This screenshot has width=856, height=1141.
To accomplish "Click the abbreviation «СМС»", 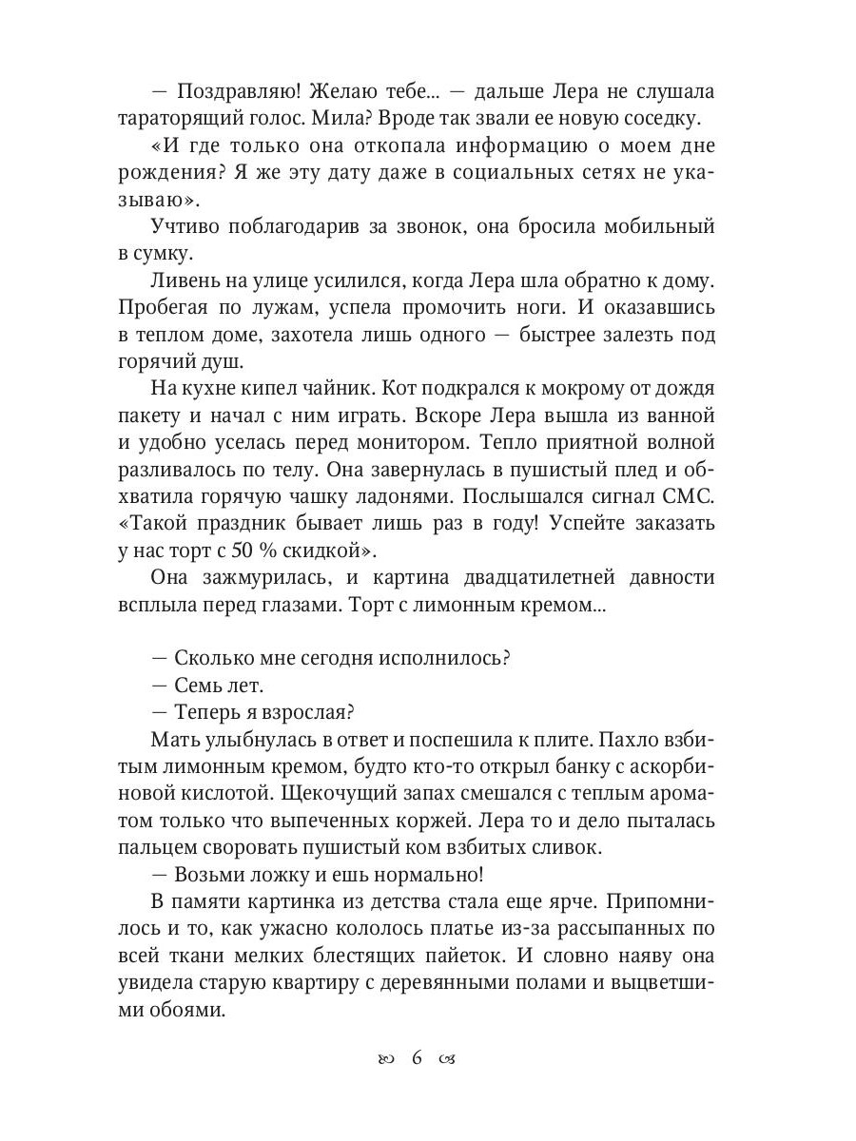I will pos(691,496).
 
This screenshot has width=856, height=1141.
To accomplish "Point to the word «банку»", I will pos(551,765).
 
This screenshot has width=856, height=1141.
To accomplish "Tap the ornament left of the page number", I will pos(386,1059).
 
